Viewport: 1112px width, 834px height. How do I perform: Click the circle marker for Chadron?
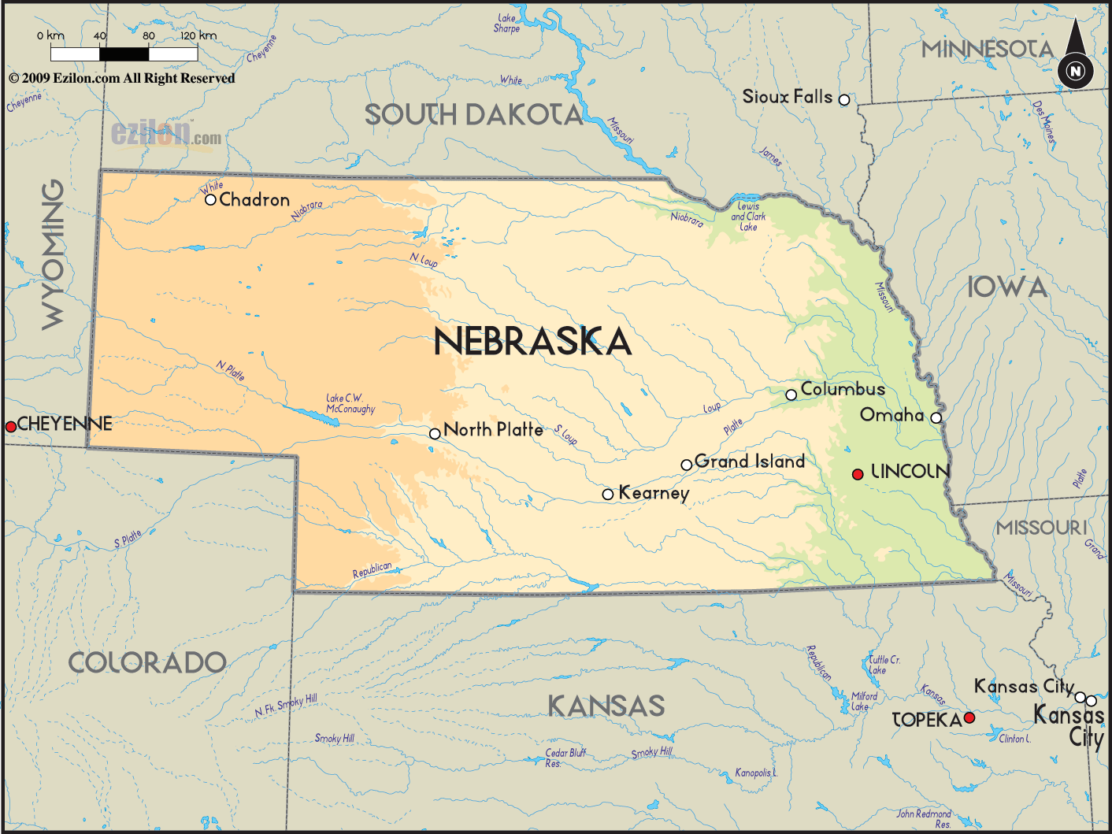click(x=210, y=200)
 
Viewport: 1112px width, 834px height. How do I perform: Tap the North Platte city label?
click(x=493, y=430)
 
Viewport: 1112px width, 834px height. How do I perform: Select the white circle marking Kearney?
click(x=608, y=495)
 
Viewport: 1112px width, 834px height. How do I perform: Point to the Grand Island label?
click(x=750, y=461)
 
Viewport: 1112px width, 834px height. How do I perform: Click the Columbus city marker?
click(x=791, y=395)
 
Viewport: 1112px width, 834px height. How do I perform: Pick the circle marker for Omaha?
click(x=936, y=418)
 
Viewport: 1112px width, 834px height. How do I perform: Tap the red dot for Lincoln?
click(x=858, y=474)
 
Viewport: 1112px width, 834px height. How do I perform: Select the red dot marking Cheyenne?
click(x=11, y=427)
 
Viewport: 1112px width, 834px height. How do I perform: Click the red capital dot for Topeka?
click(x=969, y=717)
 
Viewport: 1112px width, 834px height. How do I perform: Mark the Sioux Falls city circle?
click(x=844, y=100)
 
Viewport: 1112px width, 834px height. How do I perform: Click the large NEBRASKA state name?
click(x=532, y=342)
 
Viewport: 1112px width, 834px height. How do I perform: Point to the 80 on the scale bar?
click(x=149, y=36)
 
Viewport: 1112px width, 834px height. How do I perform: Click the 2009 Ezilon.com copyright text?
click(x=122, y=78)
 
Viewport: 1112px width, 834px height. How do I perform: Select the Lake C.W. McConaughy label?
click(x=350, y=404)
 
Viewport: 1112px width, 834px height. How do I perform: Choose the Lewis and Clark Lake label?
click(x=748, y=217)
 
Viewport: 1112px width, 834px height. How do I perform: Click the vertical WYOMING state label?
click(x=54, y=254)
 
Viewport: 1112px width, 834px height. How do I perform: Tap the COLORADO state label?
click(x=147, y=663)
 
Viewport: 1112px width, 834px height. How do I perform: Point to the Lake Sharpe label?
click(x=507, y=24)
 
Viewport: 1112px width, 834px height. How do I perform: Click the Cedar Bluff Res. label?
click(x=565, y=758)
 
